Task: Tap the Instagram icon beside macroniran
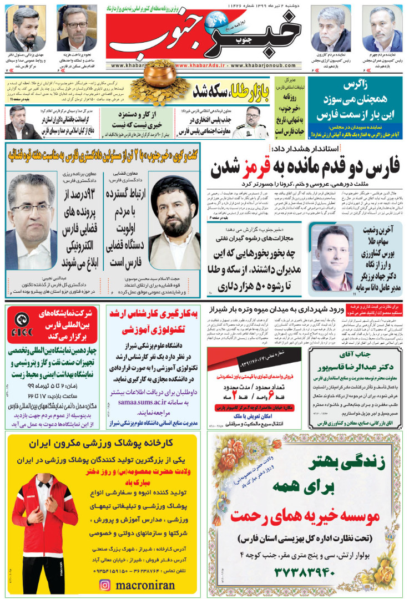point(104,583)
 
